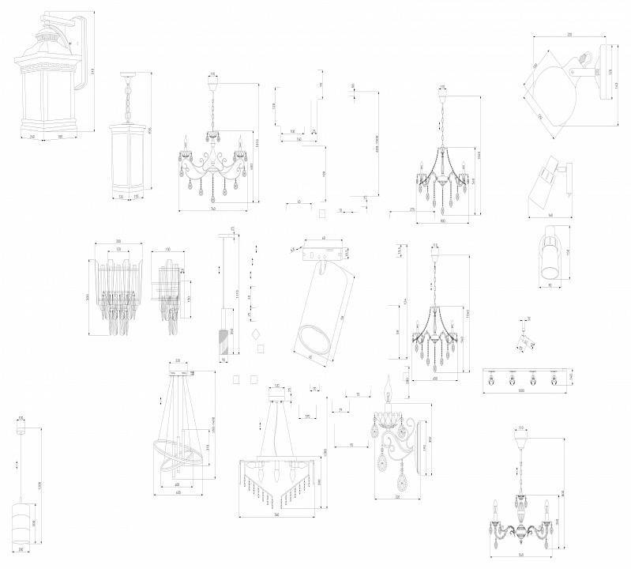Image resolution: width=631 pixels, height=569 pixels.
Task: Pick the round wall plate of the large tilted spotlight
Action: click(x=605, y=76)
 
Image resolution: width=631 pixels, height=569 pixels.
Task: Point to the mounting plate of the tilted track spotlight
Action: click(x=323, y=252)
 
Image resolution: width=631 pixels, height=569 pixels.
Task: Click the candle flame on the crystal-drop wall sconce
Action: click(x=389, y=382)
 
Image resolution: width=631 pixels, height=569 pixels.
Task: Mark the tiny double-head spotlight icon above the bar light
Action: click(x=522, y=337)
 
